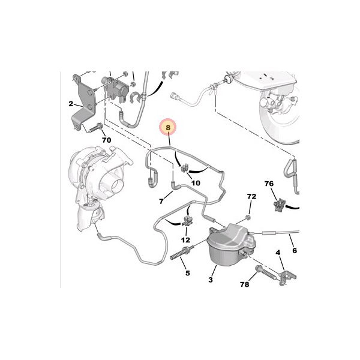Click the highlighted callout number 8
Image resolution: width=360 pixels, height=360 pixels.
(x=168, y=127)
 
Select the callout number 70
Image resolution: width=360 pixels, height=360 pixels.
(x=106, y=140)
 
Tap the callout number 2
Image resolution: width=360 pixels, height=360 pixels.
(x=71, y=104)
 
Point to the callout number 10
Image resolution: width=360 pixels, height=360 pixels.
(x=196, y=183)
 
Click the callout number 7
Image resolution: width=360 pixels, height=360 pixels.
(x=161, y=202)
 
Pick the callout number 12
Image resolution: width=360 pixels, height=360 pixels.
(x=185, y=240)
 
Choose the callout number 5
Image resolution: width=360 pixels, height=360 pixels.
(x=188, y=273)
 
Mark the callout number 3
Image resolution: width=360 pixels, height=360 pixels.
(x=211, y=280)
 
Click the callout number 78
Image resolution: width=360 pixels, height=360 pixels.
(x=245, y=284)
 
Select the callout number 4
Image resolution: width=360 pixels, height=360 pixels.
(x=278, y=253)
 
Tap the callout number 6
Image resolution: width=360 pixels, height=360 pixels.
(x=295, y=250)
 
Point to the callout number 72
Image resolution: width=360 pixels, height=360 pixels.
(x=251, y=197)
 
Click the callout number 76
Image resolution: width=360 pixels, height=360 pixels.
(x=269, y=184)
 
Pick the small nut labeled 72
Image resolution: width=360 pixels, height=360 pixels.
(x=248, y=217)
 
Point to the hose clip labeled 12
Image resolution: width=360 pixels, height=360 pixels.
(x=187, y=220)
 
